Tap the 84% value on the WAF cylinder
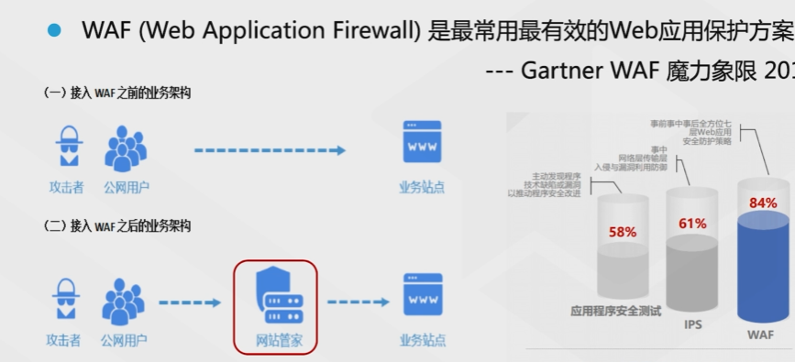pyautogui.click(x=763, y=203)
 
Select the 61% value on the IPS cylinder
pyautogui.click(x=692, y=224)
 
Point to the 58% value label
pyautogui.click(x=623, y=232)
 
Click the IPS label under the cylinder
pyautogui.click(x=692, y=324)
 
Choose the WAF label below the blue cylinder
pyautogui.click(x=760, y=335)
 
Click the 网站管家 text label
pyautogui.click(x=274, y=341)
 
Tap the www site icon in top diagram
pyautogui.click(x=423, y=143)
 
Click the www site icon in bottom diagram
pyautogui.click(x=423, y=295)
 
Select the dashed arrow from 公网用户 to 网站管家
pyautogui.click(x=190, y=302)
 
